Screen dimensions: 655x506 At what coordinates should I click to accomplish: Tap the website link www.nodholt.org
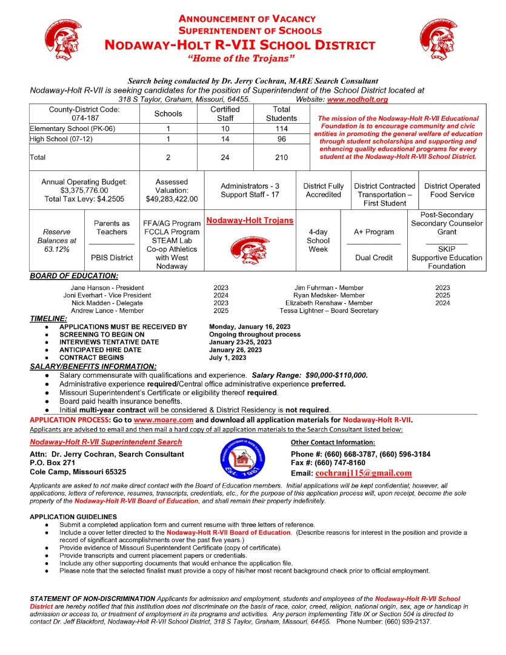[x=358, y=99]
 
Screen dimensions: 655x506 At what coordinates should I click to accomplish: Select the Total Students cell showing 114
[x=282, y=129]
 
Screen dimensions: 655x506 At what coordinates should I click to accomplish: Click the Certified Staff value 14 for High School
[x=225, y=139]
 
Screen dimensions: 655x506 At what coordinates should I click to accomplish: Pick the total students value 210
[x=282, y=156]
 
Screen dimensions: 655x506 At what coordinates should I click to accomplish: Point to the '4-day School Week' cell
[x=318, y=240]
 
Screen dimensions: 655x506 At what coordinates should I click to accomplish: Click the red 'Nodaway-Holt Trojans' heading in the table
[x=250, y=220]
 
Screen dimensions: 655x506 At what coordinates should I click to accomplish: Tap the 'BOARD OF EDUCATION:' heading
[x=74, y=276]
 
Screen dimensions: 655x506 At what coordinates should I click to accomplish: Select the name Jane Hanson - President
[x=107, y=287]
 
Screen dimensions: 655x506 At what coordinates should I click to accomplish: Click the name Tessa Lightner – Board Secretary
[x=329, y=311]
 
